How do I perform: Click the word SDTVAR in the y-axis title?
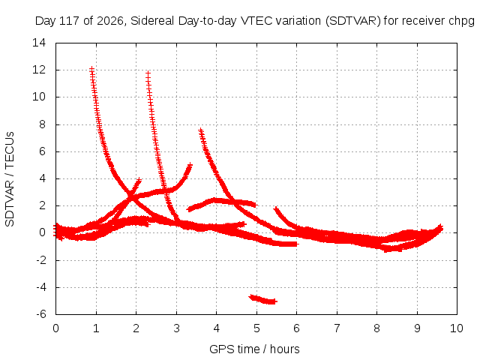10,203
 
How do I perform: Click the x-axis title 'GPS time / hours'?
254,349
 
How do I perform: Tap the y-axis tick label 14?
39,43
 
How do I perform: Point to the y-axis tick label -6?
41,314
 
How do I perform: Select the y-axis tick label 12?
39,70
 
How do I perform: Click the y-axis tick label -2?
41,260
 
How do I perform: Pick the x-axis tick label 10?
456,328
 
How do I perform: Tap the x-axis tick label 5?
256,328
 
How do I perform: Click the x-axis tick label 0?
55,328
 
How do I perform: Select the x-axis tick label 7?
337,328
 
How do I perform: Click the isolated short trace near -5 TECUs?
263,299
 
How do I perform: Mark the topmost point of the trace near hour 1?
91,68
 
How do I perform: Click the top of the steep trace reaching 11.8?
148,73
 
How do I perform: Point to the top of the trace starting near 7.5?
200,130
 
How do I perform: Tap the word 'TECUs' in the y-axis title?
10,150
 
